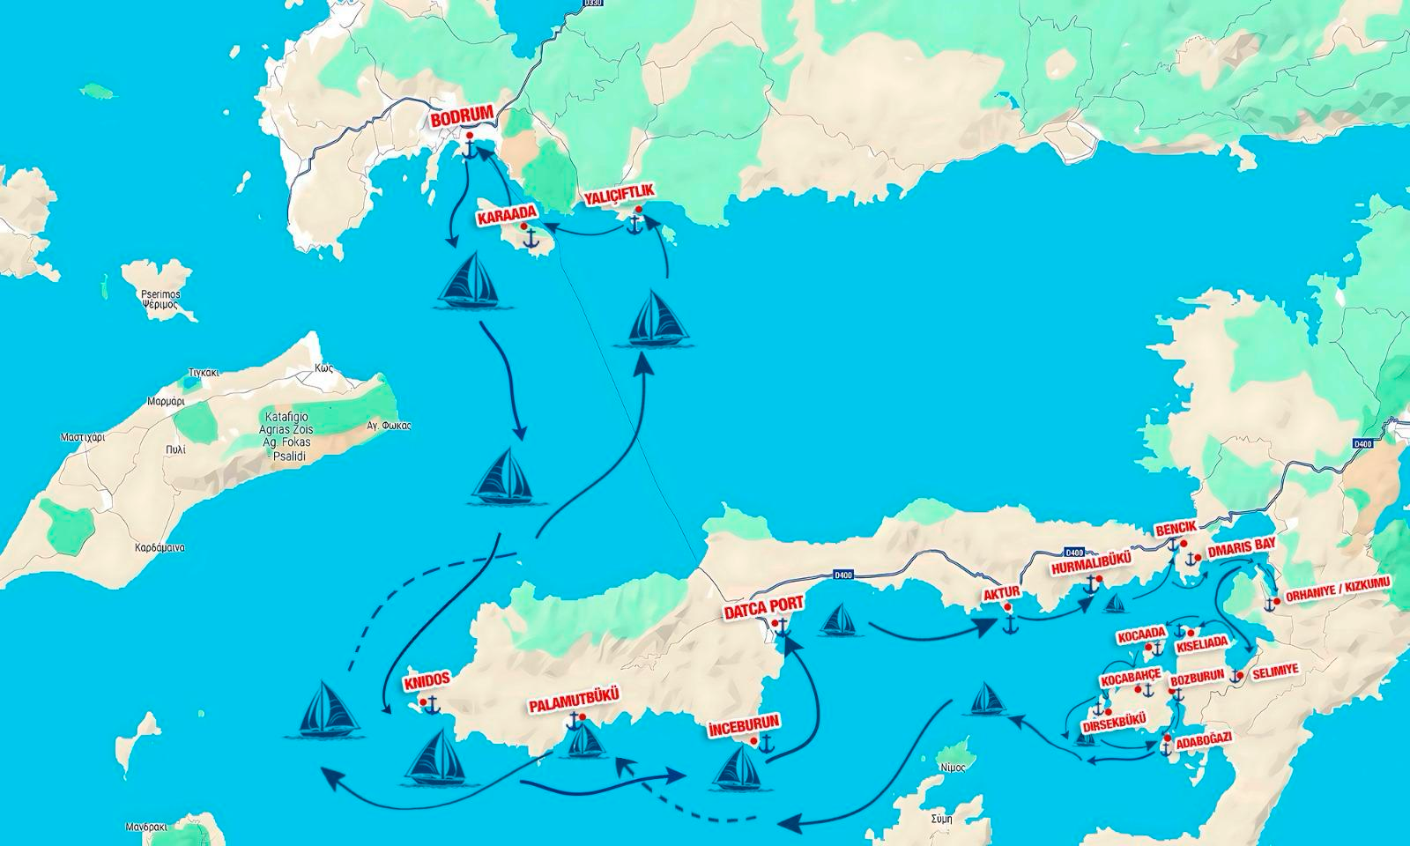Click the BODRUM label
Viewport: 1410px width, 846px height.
coord(463,119)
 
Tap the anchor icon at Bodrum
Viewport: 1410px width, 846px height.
coord(470,150)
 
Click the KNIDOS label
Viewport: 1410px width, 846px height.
coord(427,680)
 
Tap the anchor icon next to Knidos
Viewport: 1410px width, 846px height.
coord(432,704)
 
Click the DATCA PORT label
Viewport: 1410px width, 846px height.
coord(763,609)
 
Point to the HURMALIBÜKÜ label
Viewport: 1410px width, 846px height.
coord(1090,567)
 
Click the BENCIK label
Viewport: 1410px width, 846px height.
coord(1176,528)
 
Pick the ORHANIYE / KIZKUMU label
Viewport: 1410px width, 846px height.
coord(1338,597)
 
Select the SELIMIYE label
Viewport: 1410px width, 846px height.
coord(1273,670)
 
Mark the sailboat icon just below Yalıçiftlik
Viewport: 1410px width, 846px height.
coord(658,317)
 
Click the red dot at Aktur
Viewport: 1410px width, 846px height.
coord(1007,608)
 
